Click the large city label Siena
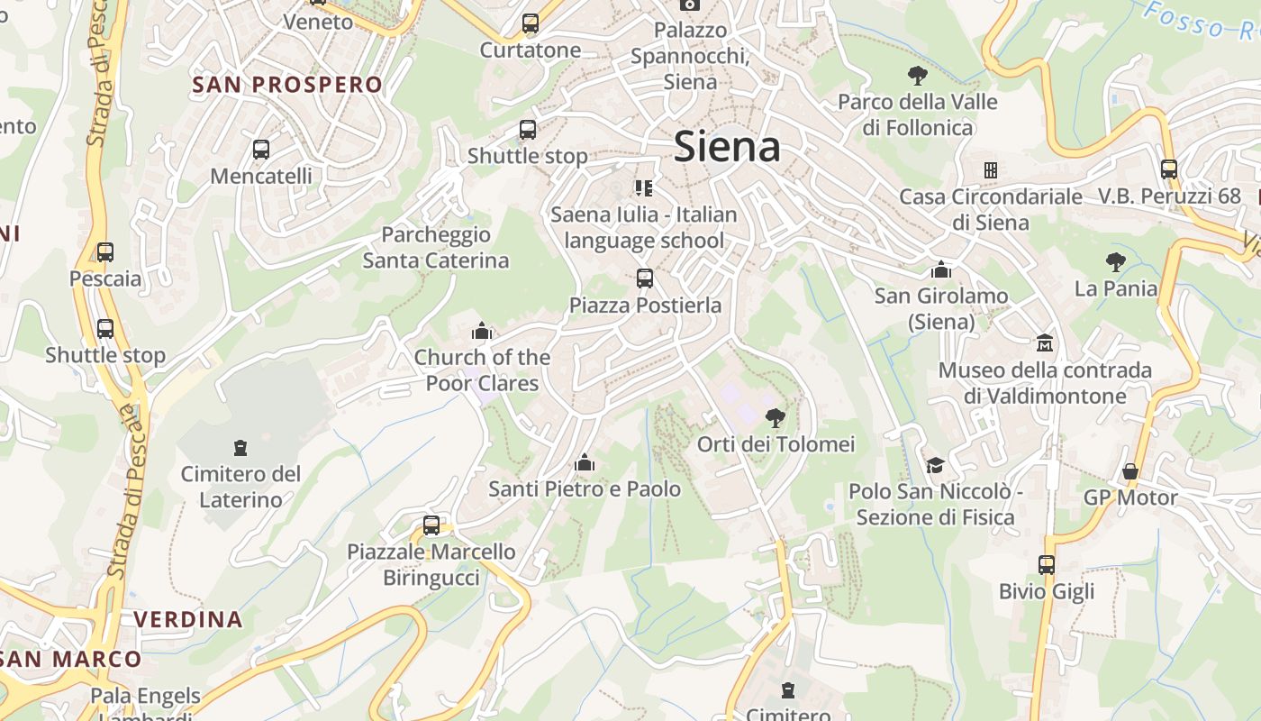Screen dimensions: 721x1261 coord(727,147)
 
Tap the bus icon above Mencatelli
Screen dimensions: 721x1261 coord(261,150)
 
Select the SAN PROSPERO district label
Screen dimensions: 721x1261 coord(287,85)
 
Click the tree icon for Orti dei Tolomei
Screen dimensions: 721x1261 coord(775,418)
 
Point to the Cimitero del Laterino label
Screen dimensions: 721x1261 coord(240,487)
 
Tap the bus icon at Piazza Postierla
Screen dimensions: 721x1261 coord(644,278)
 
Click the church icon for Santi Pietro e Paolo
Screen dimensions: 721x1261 coord(585,463)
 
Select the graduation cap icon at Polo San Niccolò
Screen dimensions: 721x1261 coord(936,465)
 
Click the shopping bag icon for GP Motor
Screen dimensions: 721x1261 coord(1130,471)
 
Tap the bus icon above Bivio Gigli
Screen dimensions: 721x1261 coord(1047,565)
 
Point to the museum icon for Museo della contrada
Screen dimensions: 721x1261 coord(1045,343)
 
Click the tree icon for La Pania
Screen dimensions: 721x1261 coord(1115,262)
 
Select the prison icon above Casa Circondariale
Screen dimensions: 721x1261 coord(991,170)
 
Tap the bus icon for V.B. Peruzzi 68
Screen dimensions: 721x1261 coord(1169,169)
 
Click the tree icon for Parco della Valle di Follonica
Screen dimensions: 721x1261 coord(918,76)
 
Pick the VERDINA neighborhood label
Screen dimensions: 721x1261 coord(188,620)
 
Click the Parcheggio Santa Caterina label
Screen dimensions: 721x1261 coord(436,248)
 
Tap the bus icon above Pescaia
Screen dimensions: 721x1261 coord(105,252)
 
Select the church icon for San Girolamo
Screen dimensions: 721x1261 coord(941,269)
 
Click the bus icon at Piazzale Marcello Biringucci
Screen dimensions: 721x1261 coord(431,525)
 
